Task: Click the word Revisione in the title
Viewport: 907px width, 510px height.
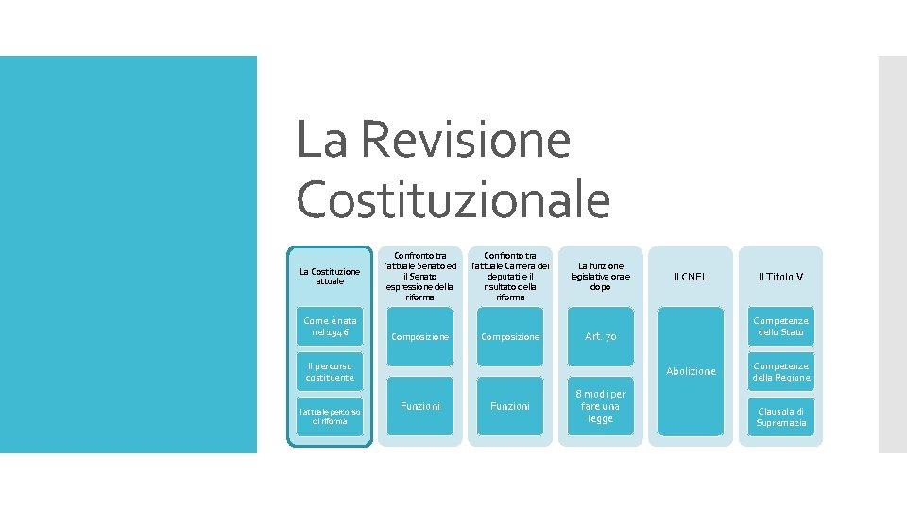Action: [x=465, y=140]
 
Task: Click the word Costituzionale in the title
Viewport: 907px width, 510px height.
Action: [x=453, y=199]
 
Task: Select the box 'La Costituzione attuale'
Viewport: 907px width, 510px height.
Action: [x=330, y=276]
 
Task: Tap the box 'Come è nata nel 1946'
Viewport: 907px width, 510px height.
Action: [x=330, y=327]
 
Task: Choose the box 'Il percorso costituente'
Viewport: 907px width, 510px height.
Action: [x=330, y=371]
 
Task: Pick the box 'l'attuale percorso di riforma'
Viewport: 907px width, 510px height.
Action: [x=330, y=416]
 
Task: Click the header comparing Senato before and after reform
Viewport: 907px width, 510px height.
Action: [x=420, y=276]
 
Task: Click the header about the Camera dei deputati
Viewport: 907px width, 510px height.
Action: [x=510, y=276]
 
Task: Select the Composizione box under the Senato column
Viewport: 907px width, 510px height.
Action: [x=420, y=336]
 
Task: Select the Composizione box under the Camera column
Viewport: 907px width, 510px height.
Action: [x=510, y=336]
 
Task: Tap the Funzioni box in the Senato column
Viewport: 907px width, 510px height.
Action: [x=420, y=406]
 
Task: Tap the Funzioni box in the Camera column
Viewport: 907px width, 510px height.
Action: [x=510, y=406]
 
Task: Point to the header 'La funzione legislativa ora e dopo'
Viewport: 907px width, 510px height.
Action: [x=600, y=276]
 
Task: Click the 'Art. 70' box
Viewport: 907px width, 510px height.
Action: [x=600, y=336]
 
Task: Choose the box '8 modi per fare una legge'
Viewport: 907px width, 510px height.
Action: [x=600, y=406]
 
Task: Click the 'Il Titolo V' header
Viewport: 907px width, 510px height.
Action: [x=780, y=277]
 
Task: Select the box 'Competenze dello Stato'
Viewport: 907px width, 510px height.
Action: [x=780, y=327]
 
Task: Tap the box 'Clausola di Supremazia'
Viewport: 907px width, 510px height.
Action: [x=780, y=416]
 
